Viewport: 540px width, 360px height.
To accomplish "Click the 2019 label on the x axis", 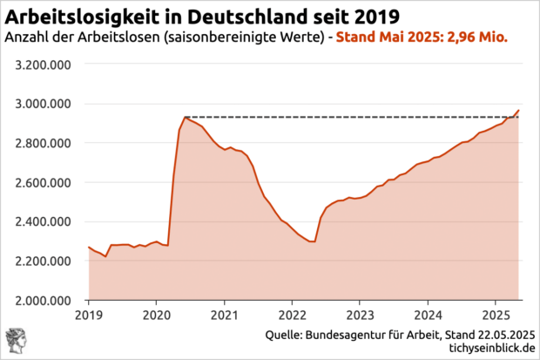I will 89,314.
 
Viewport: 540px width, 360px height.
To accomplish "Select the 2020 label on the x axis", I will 156,314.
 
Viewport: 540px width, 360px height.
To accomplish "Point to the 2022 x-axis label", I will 292,314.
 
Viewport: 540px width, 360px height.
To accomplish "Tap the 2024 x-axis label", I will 428,314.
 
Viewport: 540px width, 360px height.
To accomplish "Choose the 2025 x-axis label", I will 495,314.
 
